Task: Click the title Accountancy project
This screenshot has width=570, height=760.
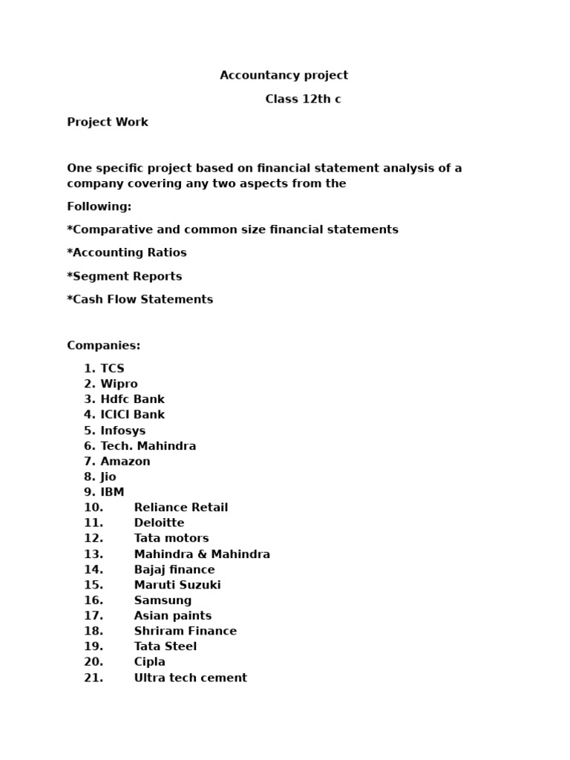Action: coord(284,75)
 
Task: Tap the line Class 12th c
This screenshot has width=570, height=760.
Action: coord(303,99)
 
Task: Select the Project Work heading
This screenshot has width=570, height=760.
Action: coord(108,122)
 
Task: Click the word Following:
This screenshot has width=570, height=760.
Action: coord(99,206)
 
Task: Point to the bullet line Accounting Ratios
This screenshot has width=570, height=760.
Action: coord(127,252)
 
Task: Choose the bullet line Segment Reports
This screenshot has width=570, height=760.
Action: coord(124,276)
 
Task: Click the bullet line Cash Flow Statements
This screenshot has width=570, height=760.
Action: coord(140,299)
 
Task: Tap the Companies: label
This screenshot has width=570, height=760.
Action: coord(103,345)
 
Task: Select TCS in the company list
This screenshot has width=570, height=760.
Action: coord(112,368)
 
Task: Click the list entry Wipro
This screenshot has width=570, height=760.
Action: coord(119,384)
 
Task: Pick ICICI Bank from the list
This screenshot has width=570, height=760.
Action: coord(132,414)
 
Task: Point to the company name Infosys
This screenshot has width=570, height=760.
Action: coord(122,430)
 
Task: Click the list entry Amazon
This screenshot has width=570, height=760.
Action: coord(125,461)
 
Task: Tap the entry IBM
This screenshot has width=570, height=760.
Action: coord(112,492)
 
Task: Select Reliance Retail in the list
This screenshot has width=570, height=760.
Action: coord(180,508)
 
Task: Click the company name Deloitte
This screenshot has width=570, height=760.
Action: coord(159,522)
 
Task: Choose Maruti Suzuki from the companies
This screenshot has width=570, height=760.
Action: coord(177,585)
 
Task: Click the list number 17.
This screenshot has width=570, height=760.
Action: coord(94,615)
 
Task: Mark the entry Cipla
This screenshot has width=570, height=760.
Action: coord(149,661)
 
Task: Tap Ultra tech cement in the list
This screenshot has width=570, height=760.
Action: coord(190,678)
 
